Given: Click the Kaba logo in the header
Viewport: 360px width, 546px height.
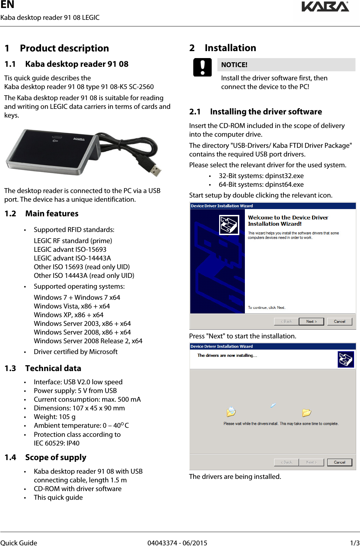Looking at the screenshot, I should (325, 7).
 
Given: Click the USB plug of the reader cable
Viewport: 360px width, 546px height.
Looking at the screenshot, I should (154, 170).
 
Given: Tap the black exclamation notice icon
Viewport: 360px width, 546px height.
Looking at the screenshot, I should (202, 67).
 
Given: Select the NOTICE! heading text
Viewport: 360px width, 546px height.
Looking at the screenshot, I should (234, 65).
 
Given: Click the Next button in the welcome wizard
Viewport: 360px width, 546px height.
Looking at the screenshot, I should (311, 321).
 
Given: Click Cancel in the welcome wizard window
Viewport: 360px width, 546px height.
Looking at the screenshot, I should (339, 321).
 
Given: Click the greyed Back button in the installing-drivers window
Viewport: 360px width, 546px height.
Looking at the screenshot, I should (286, 462).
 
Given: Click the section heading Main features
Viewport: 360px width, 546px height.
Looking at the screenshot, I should (52, 214).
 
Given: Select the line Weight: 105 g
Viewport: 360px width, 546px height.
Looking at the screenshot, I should (55, 417).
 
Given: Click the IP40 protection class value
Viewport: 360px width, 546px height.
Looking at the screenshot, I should (73, 443).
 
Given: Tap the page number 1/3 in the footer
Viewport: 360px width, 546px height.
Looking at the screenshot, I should (354, 543).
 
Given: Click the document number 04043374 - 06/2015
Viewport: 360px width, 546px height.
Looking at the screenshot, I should (177, 543).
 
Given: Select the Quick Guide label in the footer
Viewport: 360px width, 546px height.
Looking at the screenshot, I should (19, 543).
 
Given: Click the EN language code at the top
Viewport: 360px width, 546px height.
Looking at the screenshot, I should (7, 5).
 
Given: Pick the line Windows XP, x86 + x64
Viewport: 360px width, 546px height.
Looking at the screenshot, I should (69, 315).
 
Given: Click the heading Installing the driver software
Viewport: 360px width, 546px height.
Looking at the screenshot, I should (266, 112).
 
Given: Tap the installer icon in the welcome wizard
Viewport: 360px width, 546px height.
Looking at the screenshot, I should (229, 225).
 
